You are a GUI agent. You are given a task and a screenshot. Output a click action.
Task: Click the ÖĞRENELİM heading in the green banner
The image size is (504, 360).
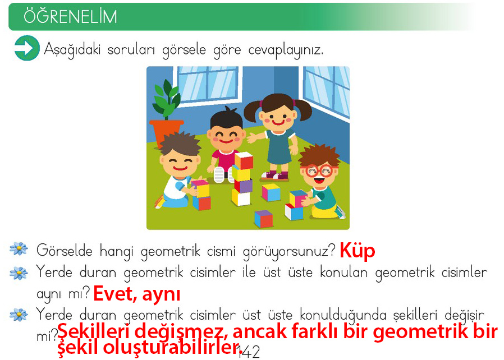click(70, 16)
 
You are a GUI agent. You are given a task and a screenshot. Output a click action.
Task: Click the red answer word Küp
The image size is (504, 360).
click(358, 251)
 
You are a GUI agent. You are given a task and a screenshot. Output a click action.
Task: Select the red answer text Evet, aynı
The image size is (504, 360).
click(137, 294)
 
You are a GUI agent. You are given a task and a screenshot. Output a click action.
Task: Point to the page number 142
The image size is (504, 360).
click(249, 353)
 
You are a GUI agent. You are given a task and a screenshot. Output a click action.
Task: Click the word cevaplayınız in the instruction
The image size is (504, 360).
click(286, 50)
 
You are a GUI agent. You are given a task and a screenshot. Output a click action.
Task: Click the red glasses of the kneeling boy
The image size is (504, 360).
click(319, 170)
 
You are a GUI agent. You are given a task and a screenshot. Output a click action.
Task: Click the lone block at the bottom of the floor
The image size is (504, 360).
click(264, 219)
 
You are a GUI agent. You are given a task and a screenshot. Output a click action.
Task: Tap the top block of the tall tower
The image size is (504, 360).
click(244, 160)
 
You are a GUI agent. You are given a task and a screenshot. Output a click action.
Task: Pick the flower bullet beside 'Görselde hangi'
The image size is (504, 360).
click(19, 248)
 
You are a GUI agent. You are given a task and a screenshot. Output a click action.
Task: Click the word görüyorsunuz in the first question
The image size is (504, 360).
click(288, 251)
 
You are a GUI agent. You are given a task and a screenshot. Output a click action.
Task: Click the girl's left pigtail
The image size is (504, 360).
click(251, 112)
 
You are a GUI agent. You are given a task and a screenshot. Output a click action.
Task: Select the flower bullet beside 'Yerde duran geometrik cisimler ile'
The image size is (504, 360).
click(19, 273)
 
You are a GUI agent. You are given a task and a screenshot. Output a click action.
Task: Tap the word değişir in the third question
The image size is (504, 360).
click(464, 316)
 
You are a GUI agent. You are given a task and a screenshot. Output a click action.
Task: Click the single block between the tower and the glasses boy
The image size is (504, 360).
click(271, 192)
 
